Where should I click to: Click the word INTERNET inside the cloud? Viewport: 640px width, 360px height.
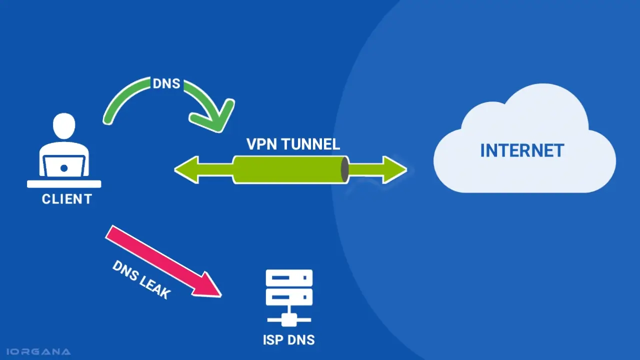522,150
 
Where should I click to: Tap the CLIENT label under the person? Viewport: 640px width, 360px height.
67,199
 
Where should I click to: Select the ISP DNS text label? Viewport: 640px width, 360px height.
289,340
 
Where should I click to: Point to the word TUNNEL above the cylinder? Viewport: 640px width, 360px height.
311,144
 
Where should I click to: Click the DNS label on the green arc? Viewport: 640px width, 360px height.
166,83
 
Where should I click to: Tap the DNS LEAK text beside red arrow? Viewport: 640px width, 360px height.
140,280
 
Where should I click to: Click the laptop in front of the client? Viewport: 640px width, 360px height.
64,166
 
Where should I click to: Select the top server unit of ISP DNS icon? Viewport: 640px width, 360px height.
289,278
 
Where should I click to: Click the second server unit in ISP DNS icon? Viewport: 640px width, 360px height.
289,297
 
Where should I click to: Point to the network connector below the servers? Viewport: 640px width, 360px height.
289,318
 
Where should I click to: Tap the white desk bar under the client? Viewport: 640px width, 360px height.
64,184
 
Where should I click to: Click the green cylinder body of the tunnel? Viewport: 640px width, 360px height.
287,170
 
